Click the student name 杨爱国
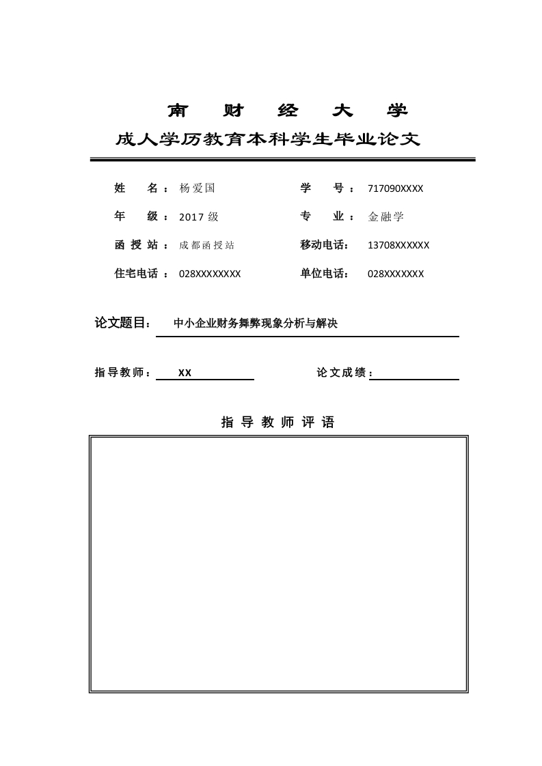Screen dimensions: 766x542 [x=197, y=188]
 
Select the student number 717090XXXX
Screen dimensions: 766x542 [x=395, y=188]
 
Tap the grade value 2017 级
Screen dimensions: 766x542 [x=198, y=217]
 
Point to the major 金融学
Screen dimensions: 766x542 [x=386, y=217]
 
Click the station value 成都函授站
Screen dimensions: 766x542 [x=206, y=246]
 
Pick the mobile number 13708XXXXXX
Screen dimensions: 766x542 [x=398, y=245]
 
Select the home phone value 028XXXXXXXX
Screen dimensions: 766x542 [x=210, y=274]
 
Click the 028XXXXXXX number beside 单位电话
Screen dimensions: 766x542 [x=396, y=274]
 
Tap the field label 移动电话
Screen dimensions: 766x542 [x=324, y=245]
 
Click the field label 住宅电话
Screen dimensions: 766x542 [x=136, y=274]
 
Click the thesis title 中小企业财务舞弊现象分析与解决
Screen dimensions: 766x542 [x=256, y=324]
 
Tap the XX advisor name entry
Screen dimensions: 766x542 [x=185, y=373]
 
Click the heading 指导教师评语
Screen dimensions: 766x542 [x=278, y=423]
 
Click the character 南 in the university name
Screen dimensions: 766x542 [x=178, y=111]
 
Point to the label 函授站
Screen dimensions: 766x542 [x=136, y=245]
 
